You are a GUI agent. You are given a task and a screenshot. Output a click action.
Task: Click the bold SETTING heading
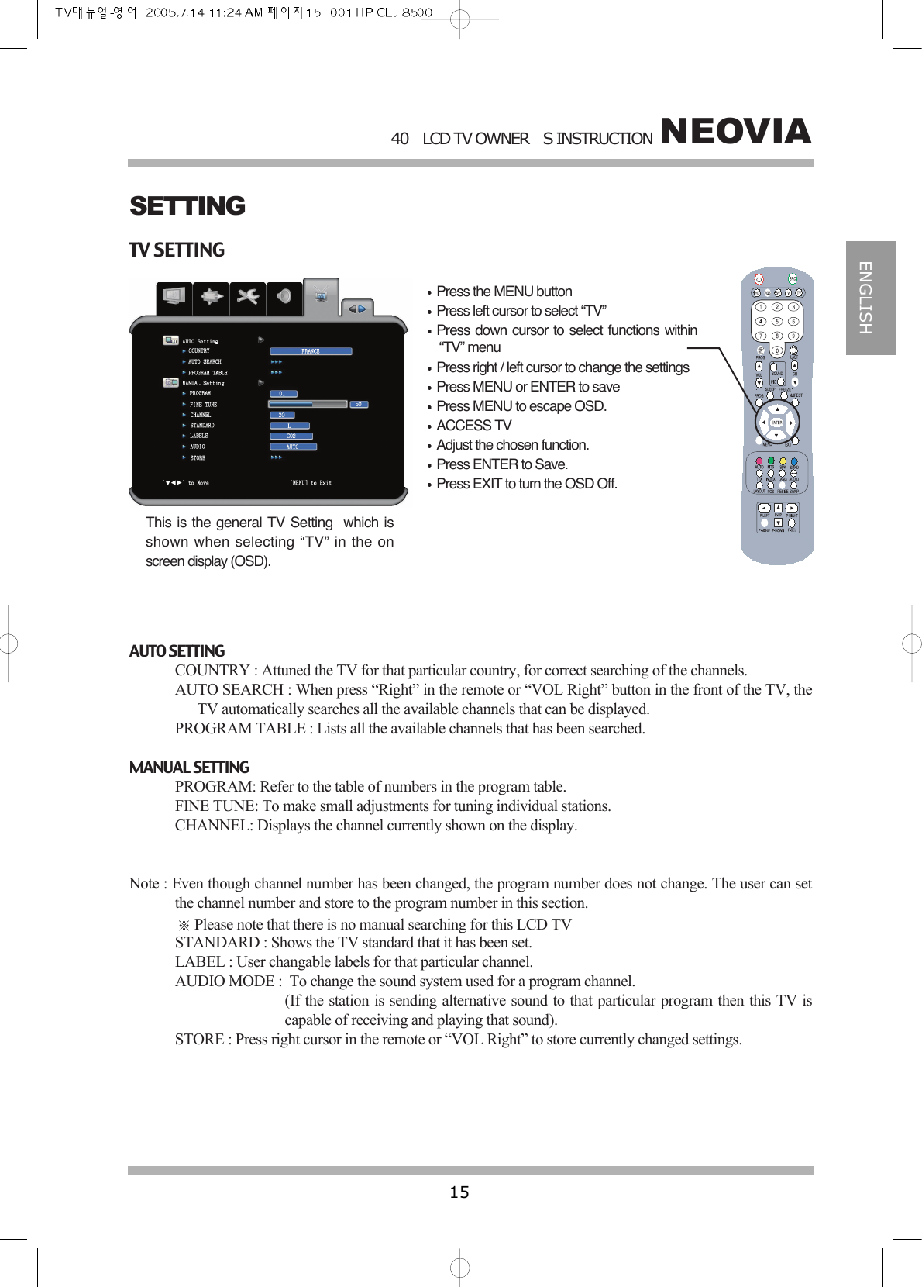click(x=187, y=206)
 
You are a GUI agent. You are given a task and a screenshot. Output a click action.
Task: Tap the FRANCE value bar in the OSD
click(x=311, y=351)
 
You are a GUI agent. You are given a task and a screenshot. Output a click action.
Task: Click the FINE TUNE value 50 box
click(x=358, y=404)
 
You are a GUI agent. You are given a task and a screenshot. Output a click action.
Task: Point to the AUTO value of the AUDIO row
click(x=292, y=447)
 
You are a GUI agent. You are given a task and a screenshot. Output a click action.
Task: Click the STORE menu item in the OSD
click(x=198, y=458)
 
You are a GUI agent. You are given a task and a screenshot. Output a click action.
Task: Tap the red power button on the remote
click(x=759, y=279)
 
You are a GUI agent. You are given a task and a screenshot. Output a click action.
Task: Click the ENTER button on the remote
click(x=776, y=423)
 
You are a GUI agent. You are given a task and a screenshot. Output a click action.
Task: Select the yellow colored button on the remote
click(x=783, y=462)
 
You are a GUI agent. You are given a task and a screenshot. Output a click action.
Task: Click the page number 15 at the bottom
click(x=459, y=1192)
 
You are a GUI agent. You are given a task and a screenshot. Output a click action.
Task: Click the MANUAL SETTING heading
click(x=189, y=768)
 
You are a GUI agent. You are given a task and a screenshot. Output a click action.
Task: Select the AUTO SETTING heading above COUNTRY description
click(x=177, y=651)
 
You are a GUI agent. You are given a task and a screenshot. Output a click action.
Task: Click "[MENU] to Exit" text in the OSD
click(x=310, y=483)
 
